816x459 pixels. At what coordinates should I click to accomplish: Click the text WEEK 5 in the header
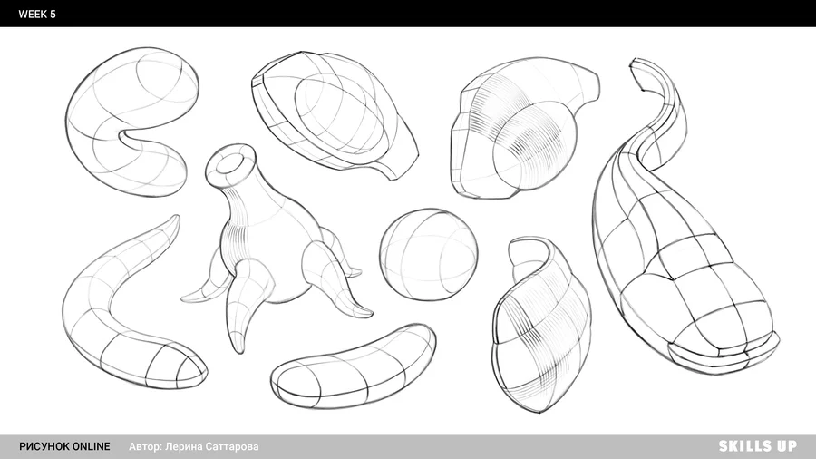click(37, 14)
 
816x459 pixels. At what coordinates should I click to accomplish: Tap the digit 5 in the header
click(53, 14)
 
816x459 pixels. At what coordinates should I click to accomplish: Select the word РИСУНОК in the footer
click(44, 446)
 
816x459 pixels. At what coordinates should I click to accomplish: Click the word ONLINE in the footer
click(91, 446)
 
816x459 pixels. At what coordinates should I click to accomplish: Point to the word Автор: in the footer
click(146, 446)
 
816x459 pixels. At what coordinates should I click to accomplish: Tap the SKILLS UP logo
click(758, 446)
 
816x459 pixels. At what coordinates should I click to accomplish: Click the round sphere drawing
click(428, 255)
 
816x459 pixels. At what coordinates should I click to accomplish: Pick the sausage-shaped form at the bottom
click(354, 366)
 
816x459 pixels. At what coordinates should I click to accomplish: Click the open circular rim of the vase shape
click(230, 161)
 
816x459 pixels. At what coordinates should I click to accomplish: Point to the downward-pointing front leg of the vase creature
click(242, 307)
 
